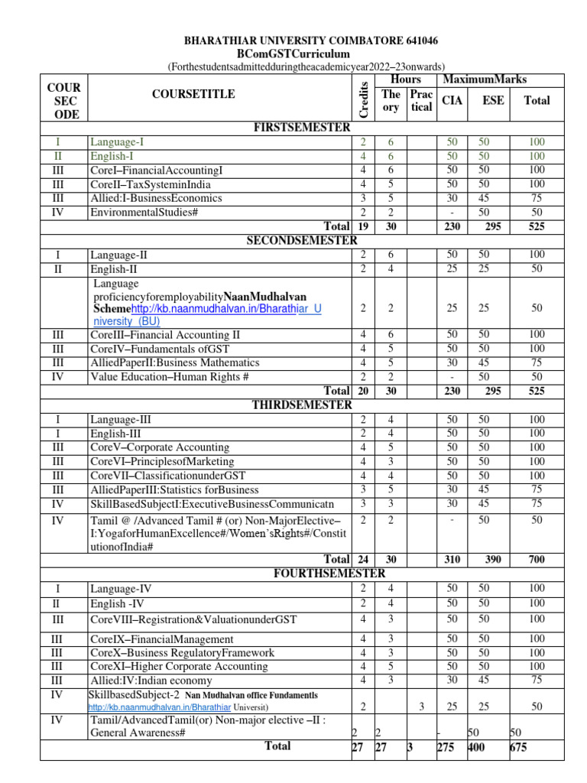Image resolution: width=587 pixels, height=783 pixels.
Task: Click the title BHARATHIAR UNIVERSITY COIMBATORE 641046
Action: tap(307, 41)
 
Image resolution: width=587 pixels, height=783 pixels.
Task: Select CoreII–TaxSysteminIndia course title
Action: tap(150, 184)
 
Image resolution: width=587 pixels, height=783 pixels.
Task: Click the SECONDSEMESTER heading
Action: tap(301, 240)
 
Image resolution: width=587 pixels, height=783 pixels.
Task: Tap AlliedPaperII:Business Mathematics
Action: tap(174, 362)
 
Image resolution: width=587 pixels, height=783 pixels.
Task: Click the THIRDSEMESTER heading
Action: tap(301, 404)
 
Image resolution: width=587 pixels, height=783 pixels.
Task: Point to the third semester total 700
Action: tap(537, 559)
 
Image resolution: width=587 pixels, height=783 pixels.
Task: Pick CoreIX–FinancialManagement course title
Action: tap(162, 638)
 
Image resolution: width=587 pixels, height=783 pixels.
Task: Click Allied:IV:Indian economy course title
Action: tap(151, 680)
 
